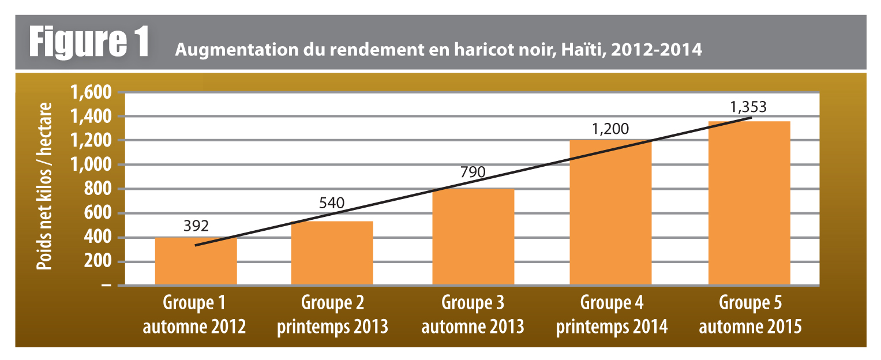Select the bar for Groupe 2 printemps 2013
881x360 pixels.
332,254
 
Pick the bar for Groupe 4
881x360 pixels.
610,213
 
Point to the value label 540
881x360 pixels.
332,203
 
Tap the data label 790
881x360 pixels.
473,172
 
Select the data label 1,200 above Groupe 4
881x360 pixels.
610,128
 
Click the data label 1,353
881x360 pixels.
749,107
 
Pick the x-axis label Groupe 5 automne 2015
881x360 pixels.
750,315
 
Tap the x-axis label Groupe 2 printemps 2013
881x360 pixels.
332,315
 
